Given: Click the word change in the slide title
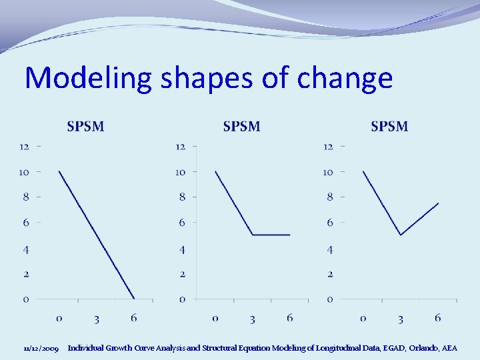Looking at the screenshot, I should point(345,79).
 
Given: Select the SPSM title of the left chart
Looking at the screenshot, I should point(85,126).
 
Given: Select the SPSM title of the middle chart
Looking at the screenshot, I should point(241,126).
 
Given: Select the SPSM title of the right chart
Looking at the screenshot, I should point(389,126).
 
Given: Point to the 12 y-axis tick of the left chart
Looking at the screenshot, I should point(25,146).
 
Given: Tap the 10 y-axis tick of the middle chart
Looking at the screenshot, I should point(180,172).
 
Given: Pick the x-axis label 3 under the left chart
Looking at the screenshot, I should point(97,319).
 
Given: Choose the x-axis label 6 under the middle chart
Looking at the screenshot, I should point(289,319).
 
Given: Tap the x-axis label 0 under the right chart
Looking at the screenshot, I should point(363,319).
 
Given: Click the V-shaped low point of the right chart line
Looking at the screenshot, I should point(400,235).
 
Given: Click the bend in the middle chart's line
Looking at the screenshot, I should point(253,235).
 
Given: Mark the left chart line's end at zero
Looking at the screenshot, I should point(135,299).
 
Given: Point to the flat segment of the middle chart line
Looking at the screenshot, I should point(271,235).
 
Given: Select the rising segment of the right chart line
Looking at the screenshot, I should point(420,218).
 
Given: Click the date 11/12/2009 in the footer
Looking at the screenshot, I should point(41,348).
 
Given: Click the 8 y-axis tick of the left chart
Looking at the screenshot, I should point(26,197).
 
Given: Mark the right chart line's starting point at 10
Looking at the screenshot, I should point(363,171).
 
